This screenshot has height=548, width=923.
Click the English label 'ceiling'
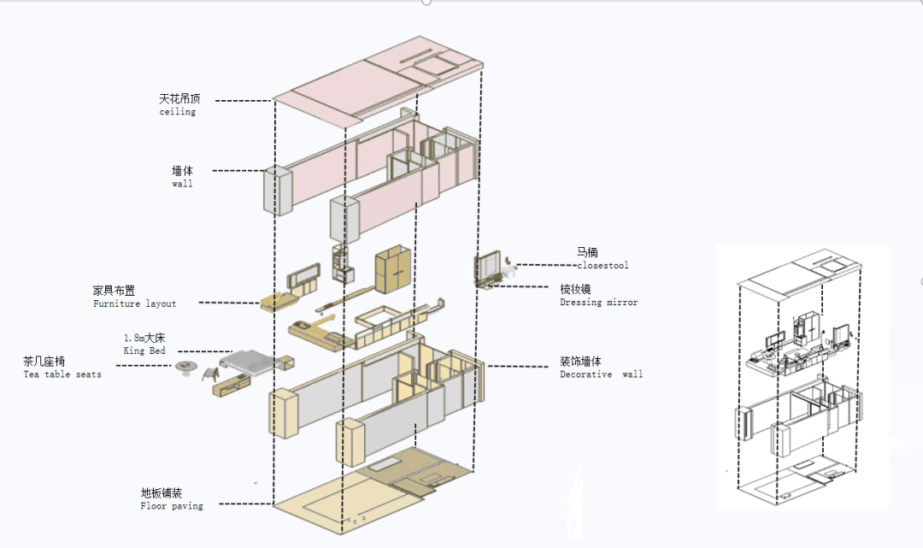point(177,112)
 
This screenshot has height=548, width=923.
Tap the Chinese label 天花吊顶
point(177,99)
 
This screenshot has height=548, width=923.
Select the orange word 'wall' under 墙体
point(182,184)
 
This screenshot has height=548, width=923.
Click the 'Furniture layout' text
point(134,303)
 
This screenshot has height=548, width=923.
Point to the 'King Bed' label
point(144,351)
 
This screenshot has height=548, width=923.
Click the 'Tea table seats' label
point(62,374)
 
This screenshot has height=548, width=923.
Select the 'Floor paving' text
point(172,506)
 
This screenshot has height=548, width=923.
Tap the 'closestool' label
point(603,265)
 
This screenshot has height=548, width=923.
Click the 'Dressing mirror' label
point(598,302)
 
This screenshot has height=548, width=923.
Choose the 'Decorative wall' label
point(601,374)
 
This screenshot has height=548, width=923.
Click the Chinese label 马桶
point(587,252)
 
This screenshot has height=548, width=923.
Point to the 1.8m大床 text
point(144,339)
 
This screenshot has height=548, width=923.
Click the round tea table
point(185,368)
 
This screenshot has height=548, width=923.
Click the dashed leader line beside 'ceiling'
point(243,100)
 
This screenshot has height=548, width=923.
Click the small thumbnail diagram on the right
point(801,376)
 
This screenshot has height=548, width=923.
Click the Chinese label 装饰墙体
point(580,362)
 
